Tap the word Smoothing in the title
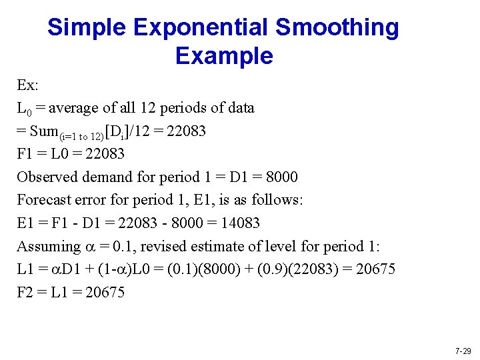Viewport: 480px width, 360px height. pos(337,27)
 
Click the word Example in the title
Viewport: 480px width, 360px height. pos(224,55)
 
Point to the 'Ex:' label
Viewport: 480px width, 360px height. pos(27,85)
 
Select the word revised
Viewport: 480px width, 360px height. pos(164,246)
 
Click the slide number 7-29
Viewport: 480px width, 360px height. pos(463,351)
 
